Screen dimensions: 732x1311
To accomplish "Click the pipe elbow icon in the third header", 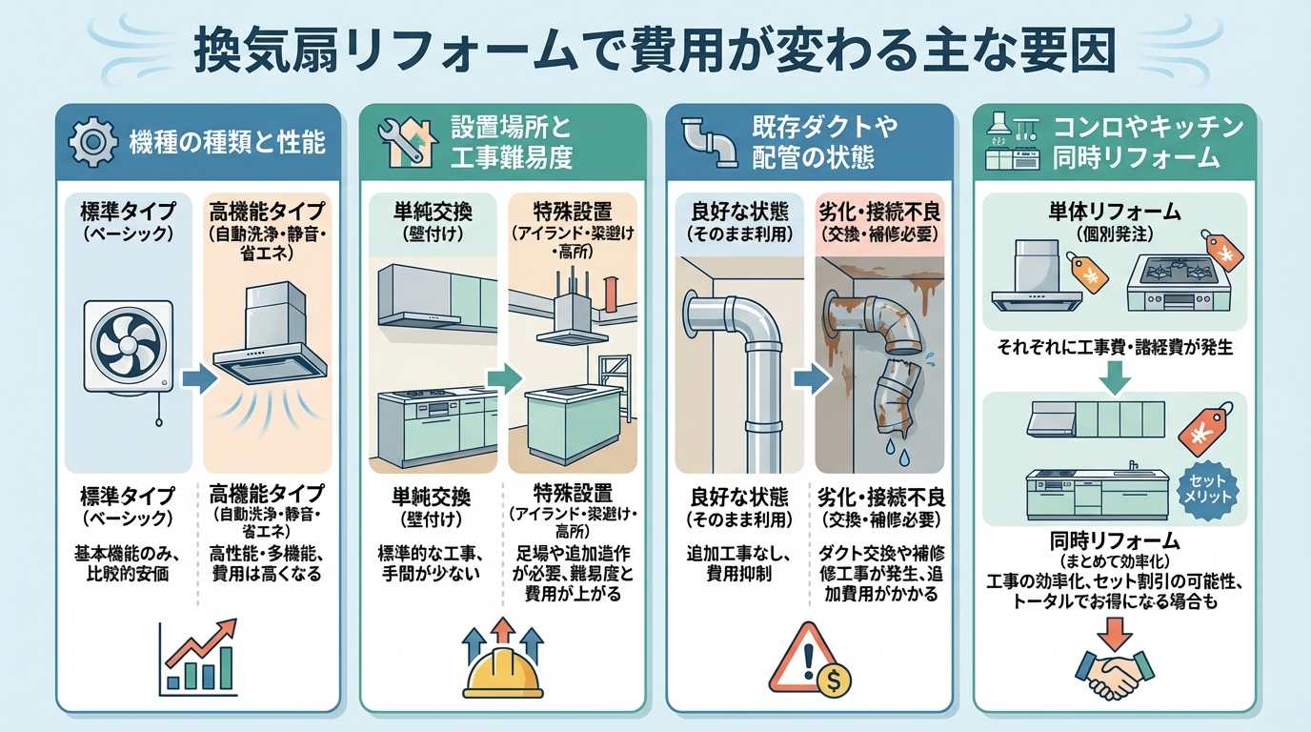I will [x=710, y=143].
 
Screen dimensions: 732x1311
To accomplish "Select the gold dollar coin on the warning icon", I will [x=836, y=681].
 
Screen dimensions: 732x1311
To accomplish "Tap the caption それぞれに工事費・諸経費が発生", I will [x=1116, y=348].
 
